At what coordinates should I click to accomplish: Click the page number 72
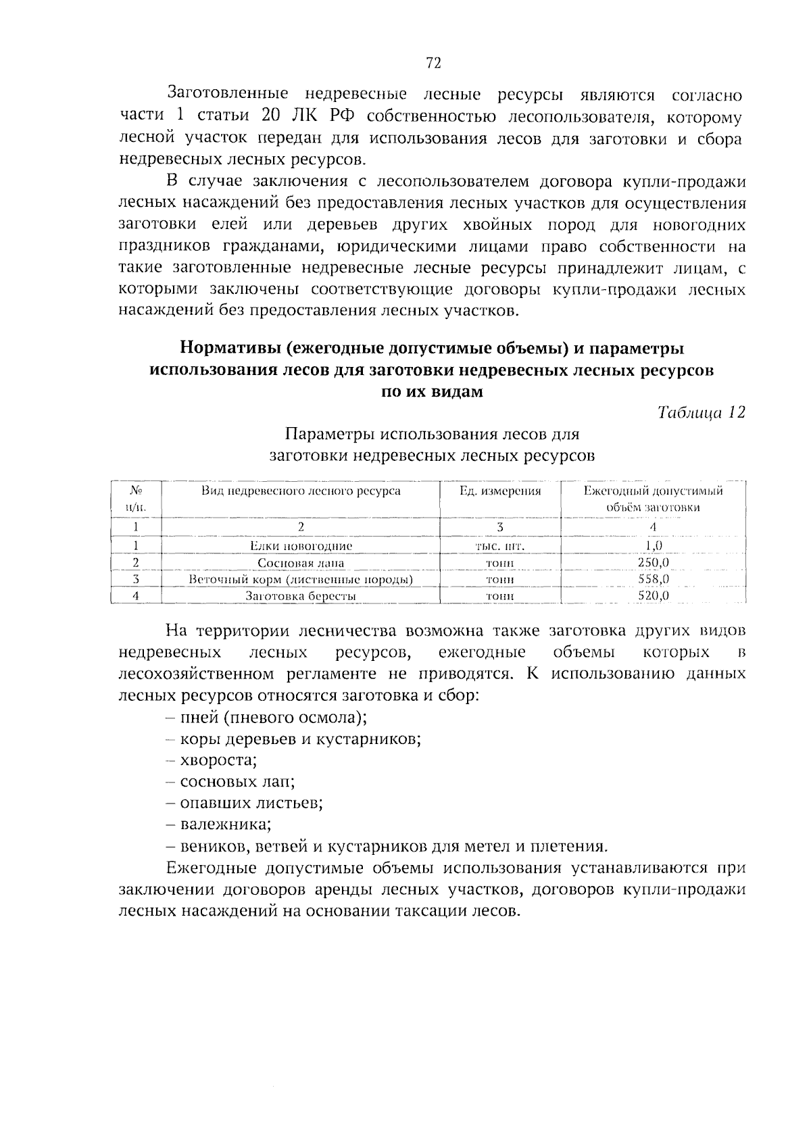click(433, 63)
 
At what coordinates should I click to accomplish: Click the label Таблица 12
click(701, 413)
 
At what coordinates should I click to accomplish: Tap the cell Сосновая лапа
click(301, 562)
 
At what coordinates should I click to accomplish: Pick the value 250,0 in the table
click(653, 562)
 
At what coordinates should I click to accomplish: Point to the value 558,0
click(653, 579)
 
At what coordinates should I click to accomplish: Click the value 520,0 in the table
click(653, 596)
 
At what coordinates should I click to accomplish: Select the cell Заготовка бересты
click(301, 596)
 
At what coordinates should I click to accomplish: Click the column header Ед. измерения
click(500, 491)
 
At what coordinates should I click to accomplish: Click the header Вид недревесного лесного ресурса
click(301, 491)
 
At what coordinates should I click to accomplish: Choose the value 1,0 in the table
click(653, 545)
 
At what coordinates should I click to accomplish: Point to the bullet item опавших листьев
click(251, 803)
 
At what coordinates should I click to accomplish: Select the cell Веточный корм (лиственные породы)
click(301, 579)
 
